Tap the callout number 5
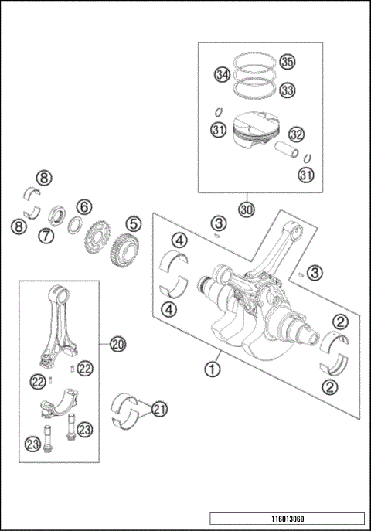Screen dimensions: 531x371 click(134, 224)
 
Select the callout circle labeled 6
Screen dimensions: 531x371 click(83, 206)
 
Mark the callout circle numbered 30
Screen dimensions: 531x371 click(246, 209)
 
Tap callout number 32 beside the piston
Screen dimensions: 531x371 click(294, 134)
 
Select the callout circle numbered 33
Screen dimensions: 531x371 click(287, 90)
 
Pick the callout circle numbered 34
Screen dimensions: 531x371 click(223, 75)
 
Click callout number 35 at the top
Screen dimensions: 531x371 click(287, 61)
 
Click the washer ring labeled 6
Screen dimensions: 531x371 click(77, 225)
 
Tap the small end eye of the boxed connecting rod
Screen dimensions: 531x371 click(60, 293)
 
